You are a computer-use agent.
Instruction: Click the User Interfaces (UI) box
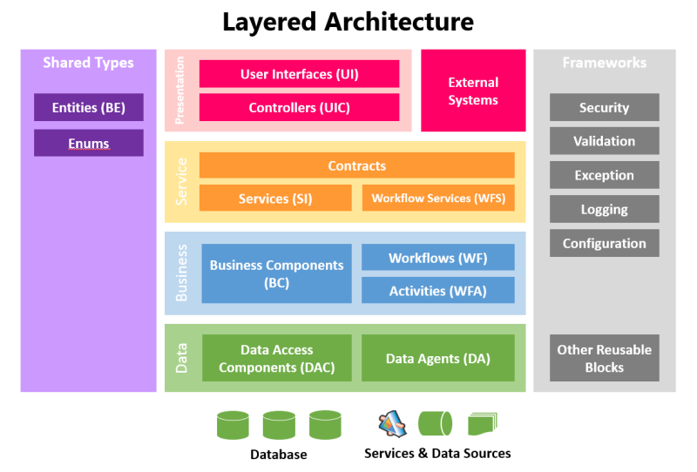299,74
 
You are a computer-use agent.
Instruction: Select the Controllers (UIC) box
299,107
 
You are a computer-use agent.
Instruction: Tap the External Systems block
473,91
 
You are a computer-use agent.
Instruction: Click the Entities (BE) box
88,107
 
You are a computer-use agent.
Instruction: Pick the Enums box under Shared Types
88,143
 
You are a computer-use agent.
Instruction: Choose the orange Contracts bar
356,165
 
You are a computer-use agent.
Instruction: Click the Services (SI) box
275,198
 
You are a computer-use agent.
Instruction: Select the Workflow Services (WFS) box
438,198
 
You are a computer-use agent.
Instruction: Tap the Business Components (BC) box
276,273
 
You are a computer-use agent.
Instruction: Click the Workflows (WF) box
437,258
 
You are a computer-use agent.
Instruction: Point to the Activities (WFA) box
437,290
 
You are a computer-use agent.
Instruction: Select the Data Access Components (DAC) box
276,358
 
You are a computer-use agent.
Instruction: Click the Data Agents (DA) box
437,358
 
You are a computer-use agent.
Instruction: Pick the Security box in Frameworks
604,107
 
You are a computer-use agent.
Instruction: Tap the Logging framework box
604,209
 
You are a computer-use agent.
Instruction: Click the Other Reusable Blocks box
604,358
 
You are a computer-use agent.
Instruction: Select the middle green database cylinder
279,425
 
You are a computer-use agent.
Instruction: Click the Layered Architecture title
348,22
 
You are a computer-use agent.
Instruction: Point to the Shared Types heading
88,63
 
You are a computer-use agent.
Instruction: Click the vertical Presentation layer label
180,91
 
